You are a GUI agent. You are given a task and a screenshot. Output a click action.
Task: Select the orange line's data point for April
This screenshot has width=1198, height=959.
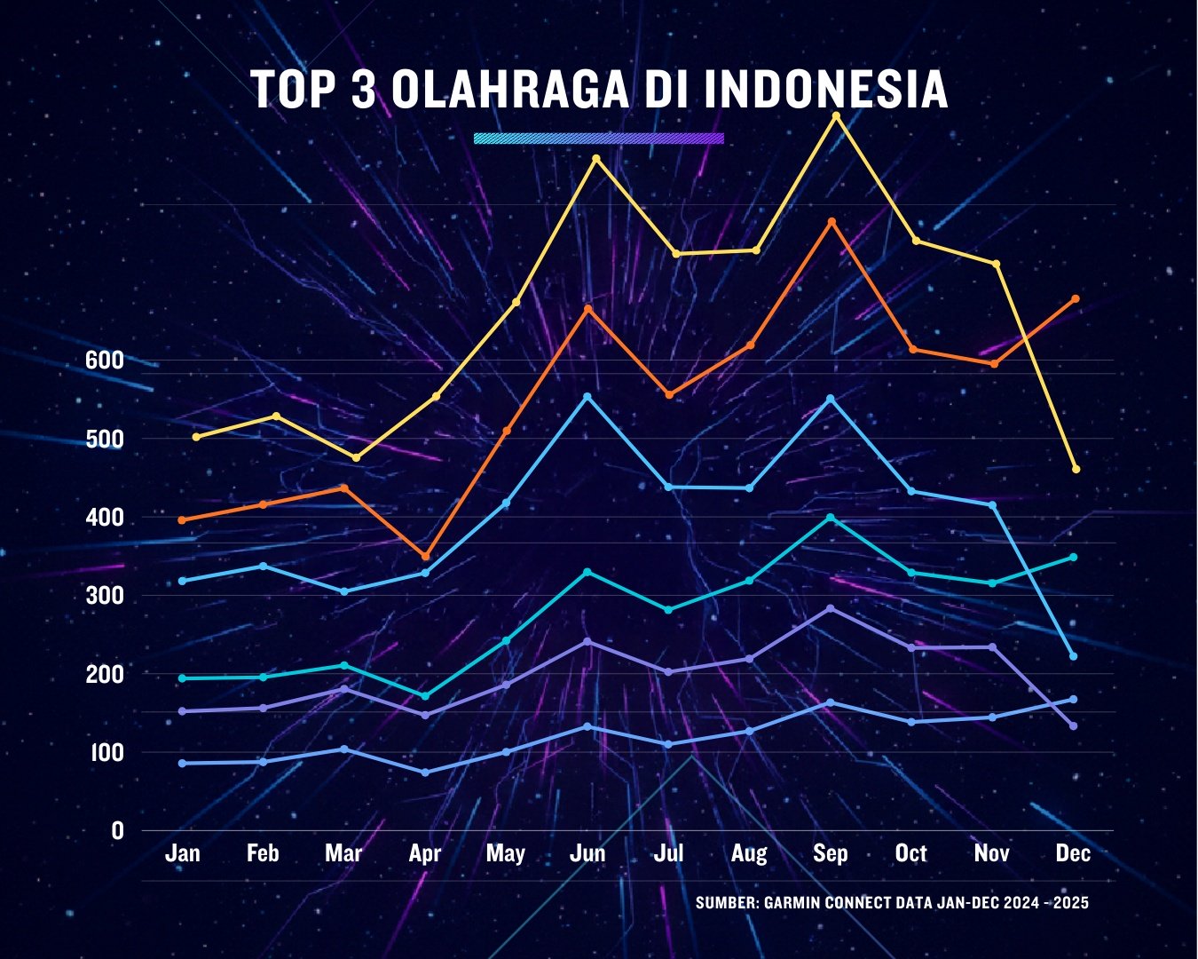coord(425,557)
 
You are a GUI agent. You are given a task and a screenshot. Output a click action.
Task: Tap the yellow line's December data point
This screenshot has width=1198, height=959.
coord(1076,469)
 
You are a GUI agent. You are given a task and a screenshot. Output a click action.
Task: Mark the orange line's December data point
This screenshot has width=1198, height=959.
coord(1076,298)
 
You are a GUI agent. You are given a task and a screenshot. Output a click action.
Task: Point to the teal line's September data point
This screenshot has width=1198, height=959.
coord(831,517)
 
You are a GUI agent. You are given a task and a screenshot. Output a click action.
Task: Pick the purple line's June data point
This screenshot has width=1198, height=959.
coord(587,641)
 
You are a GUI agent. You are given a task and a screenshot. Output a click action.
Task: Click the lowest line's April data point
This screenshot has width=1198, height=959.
coord(425,773)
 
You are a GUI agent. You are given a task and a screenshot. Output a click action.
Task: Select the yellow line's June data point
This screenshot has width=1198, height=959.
coord(595,158)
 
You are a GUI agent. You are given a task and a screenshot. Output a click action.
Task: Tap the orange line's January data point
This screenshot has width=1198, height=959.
coord(182,519)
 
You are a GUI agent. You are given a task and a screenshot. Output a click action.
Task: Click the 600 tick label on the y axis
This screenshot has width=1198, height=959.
coord(104,361)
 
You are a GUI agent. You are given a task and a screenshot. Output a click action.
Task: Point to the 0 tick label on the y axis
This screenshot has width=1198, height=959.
coord(117,831)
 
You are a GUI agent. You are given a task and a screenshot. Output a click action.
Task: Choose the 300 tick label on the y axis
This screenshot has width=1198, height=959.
coord(104,596)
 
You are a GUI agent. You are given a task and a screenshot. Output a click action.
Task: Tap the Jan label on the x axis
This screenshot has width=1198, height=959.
coord(183,853)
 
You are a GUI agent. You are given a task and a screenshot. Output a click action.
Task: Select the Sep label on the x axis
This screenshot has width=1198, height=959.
coord(831,853)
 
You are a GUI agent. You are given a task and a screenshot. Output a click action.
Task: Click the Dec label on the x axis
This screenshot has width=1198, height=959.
coord(1073,853)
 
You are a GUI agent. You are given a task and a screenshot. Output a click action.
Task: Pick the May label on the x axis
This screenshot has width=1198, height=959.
coord(506,853)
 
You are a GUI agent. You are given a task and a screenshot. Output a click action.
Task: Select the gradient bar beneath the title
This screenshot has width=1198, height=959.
coord(599,139)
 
